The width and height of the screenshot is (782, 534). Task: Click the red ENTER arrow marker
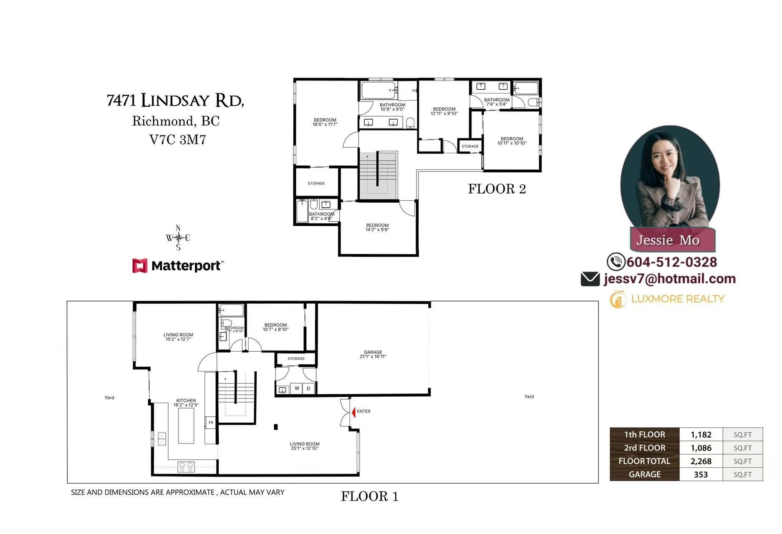pos(353,412)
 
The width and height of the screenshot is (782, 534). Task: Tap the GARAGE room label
pos(373,354)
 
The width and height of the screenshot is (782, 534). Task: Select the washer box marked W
pos(297,388)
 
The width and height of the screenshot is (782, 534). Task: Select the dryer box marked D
pos(308,388)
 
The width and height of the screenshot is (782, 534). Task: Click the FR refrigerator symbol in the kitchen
pos(211,423)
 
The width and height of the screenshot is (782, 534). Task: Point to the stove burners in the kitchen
pos(186,466)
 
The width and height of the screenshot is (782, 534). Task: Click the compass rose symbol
pos(178,238)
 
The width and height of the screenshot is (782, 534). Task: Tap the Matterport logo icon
pos(140,266)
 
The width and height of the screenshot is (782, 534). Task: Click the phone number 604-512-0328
pos(671,262)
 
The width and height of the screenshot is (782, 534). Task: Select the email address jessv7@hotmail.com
pos(669,279)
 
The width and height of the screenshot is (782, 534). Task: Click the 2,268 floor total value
pos(701,461)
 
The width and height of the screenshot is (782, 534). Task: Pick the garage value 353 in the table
pos(701,474)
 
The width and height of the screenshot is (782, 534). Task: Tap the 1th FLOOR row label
pos(644,434)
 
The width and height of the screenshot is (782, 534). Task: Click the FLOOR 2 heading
pos(497,189)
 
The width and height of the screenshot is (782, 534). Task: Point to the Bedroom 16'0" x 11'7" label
pos(325,122)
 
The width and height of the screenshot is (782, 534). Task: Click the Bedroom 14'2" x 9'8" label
pos(377,227)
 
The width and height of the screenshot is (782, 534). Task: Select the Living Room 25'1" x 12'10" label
pos(305,446)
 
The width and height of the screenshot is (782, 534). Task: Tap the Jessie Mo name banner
pos(668,240)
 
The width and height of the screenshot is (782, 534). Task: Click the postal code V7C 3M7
pos(178,139)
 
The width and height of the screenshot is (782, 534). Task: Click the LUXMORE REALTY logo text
pos(677,299)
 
